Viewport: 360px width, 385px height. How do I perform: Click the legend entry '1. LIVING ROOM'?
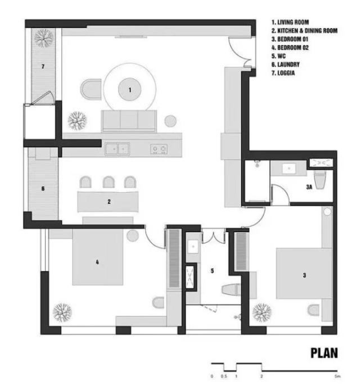pos(290,22)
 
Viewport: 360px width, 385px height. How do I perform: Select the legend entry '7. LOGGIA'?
pos(283,73)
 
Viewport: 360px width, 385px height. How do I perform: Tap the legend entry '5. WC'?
pos(278,56)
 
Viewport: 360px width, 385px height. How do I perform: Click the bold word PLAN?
pos(324,353)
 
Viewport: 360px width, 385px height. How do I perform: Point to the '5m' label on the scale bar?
pos(338,376)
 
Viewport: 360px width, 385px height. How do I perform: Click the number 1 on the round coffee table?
pos(130,90)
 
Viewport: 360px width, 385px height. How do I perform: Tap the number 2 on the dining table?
pos(109,202)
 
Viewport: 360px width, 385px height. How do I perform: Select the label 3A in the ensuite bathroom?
pos(309,187)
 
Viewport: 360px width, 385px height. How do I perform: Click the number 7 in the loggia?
pos(43,66)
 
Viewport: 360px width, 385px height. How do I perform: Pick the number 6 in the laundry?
pos(43,189)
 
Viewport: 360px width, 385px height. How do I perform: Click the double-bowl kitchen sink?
pos(118,149)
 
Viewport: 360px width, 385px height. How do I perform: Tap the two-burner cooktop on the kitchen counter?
pos(159,149)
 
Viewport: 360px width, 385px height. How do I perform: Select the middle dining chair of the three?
pos(109,182)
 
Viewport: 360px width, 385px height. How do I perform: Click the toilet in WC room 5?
pos(231,289)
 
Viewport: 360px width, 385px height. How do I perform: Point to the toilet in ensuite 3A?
pos(320,180)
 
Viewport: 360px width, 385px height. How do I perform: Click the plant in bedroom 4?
pos(62,312)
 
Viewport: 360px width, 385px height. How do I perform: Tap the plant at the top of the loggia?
pos(44,38)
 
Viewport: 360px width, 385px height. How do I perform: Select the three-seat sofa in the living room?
pos(129,121)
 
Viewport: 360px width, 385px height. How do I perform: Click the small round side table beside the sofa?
pos(170,121)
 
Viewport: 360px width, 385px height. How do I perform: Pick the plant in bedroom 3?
pos(262,312)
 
